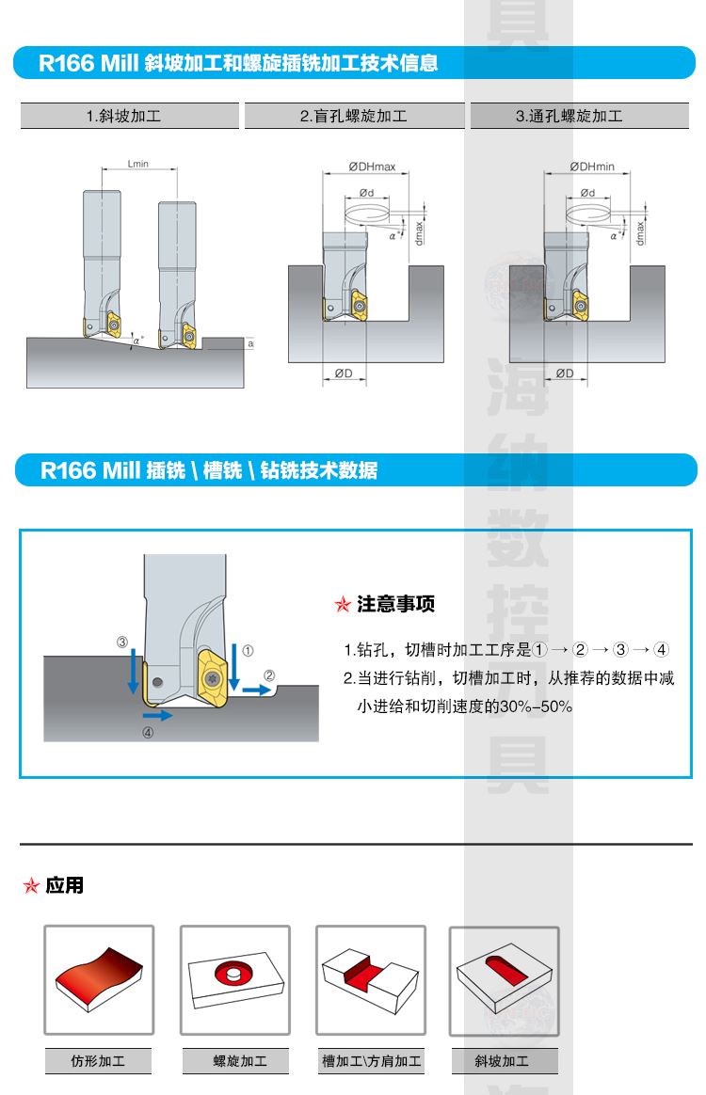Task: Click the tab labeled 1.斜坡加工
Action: pos(130,116)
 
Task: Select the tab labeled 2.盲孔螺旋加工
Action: pos(354,116)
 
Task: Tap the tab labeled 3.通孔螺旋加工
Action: pos(580,116)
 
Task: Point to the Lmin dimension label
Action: pos(137,164)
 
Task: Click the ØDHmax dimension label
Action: pos(372,167)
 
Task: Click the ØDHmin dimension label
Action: pos(592,167)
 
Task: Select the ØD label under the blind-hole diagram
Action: pos(344,373)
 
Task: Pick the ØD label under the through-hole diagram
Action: pos(565,373)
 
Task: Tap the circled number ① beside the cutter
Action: pos(248,651)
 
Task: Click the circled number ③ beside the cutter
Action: pos(122,642)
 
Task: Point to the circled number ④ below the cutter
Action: pos(148,733)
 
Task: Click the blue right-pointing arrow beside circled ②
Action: pos(257,690)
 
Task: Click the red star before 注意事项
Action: pos(343,604)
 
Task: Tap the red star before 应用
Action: pos(31,885)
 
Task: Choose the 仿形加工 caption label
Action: pos(98,1061)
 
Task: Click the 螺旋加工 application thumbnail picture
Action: pos(235,980)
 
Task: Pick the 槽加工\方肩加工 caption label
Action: pos(371,1061)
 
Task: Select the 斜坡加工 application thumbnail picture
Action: pos(504,981)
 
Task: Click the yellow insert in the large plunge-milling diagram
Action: pos(213,674)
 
